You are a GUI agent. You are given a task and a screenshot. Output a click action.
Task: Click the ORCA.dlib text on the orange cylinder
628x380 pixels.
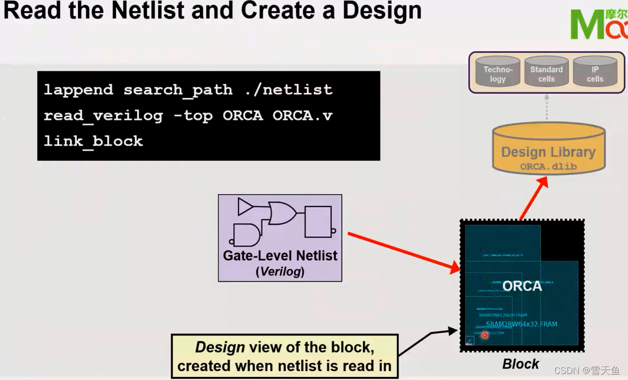(548, 166)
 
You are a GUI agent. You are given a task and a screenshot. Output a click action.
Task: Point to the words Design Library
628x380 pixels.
(548, 152)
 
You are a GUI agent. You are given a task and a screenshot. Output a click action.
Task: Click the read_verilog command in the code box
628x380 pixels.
(103, 115)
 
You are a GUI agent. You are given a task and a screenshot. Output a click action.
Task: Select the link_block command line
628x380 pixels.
(93, 141)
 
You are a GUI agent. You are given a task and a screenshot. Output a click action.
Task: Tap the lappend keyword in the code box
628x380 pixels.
(78, 90)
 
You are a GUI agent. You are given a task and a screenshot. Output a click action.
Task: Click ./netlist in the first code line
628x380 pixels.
(289, 90)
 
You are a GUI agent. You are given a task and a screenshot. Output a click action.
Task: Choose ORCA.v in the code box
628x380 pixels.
(302, 115)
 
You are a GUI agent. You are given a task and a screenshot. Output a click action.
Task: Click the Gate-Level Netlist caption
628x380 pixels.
(280, 256)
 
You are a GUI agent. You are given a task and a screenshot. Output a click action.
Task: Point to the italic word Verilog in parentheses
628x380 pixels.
(280, 272)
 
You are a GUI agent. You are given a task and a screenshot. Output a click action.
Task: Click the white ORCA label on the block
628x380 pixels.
(522, 286)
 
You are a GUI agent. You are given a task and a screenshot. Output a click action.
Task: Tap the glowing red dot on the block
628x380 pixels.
(484, 335)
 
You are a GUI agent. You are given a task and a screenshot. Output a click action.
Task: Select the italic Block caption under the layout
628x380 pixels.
(521, 364)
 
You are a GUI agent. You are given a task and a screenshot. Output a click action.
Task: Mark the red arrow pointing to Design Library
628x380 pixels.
(533, 198)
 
